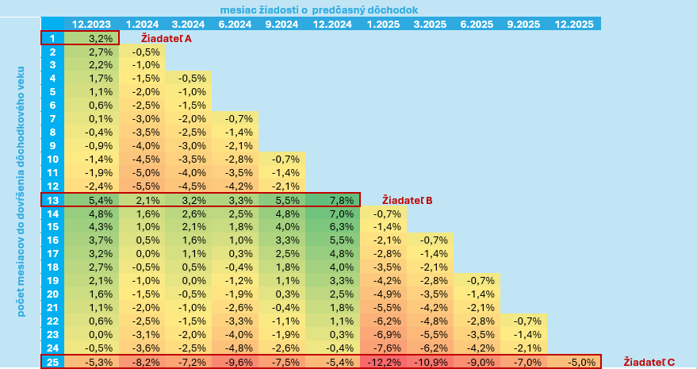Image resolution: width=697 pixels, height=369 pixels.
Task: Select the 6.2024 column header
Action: [x=235, y=24]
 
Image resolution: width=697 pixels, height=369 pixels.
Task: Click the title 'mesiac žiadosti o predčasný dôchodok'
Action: [x=319, y=10]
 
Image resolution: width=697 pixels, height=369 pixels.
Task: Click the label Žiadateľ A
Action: [x=166, y=37]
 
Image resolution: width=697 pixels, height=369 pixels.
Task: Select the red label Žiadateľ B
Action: [x=407, y=200]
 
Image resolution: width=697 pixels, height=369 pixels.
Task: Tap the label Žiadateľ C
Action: [x=649, y=362]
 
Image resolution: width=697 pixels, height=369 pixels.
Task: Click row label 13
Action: [x=52, y=200]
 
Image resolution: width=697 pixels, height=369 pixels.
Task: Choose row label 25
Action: [x=52, y=362]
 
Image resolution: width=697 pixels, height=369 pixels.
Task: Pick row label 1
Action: [x=52, y=37]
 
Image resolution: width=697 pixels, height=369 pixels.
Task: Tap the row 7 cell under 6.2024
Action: [x=235, y=118]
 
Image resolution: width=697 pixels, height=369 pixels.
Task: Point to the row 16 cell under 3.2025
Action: [x=434, y=240]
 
